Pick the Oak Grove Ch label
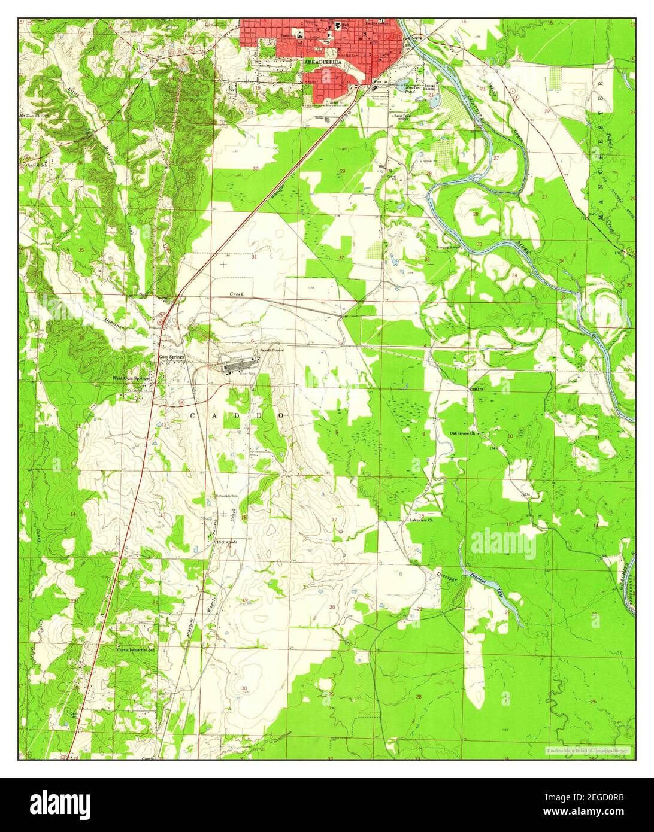coord(463,433)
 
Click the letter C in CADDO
coord(193,415)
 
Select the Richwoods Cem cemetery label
coord(226,496)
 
